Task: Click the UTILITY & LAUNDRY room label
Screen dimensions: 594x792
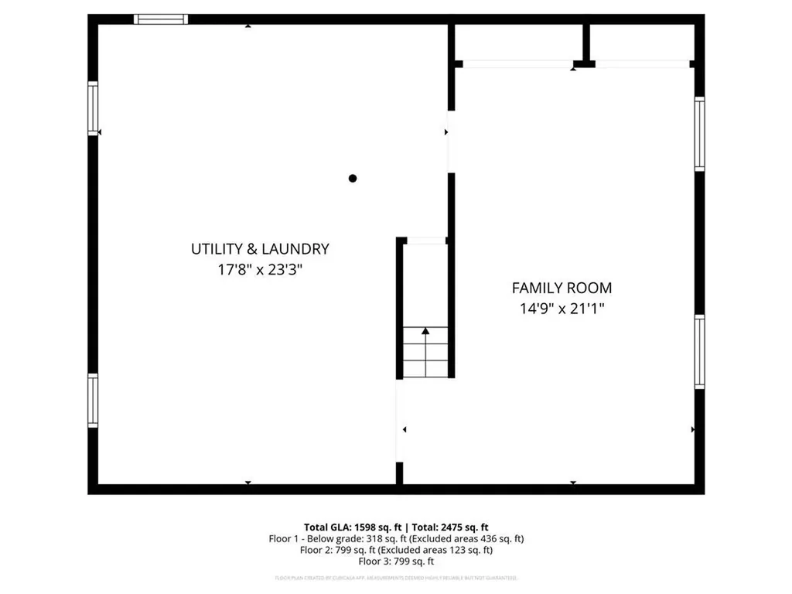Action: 260,249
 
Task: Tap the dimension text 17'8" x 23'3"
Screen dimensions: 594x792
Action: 260,270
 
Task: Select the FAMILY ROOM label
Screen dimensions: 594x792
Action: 562,288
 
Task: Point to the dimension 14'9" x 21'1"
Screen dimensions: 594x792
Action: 562,309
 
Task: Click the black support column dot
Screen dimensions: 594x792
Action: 353,179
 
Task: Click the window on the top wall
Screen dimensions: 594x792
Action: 161,19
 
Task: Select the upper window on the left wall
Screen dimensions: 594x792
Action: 93,108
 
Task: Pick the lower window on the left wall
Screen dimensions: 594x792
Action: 93,400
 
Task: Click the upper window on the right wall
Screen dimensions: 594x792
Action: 699,133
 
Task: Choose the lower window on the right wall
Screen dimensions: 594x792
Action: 699,351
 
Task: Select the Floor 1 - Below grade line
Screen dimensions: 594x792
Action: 396,538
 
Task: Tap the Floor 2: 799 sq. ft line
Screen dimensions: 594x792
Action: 396,551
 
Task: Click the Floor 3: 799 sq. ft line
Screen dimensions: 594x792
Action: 396,562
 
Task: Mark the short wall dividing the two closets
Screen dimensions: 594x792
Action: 586,44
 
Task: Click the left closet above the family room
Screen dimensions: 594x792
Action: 517,43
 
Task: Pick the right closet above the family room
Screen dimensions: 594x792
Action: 641,43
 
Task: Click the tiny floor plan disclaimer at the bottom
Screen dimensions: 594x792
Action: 396,578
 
